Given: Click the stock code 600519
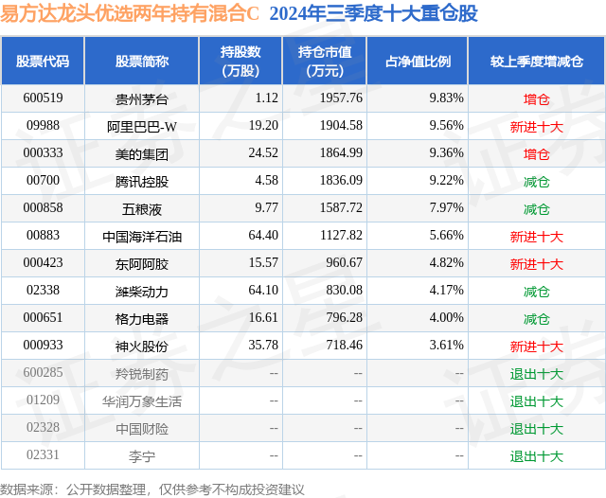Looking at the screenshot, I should point(43,98).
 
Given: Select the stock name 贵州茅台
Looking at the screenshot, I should point(142,98).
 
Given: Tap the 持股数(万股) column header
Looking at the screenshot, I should point(241,61).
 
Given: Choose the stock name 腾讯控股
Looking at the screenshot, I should point(142,180).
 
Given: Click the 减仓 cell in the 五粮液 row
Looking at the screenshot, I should point(537,208).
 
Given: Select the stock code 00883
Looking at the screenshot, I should point(43,236).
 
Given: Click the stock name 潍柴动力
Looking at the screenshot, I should point(142,291).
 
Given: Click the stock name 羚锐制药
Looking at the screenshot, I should point(142,373).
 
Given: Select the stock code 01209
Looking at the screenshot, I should point(43,400).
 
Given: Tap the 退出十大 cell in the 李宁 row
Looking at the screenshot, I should point(537,455).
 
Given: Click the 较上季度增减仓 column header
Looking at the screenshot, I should point(537,61).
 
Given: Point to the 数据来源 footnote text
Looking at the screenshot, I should point(151,489).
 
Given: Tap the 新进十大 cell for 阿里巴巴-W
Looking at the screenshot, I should point(537,125).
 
